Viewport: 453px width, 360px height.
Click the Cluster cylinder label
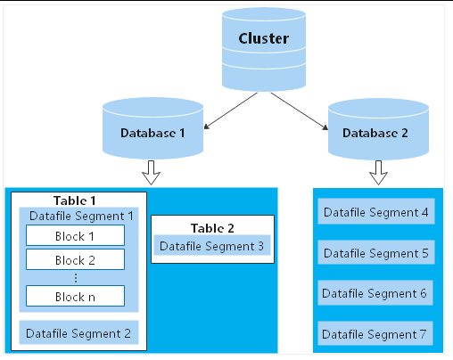coord(264,38)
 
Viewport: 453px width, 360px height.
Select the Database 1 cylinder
coord(152,128)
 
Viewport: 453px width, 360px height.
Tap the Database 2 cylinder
coord(378,129)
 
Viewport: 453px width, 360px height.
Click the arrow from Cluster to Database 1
coord(231,110)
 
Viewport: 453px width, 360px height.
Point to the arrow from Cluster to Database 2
coord(300,111)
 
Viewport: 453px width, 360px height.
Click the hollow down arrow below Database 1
coord(151,173)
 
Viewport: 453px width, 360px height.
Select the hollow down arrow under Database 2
coord(378,173)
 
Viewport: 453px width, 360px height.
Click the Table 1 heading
coord(75,200)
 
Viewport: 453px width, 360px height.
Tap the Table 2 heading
coord(212,228)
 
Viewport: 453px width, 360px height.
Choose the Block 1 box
coord(75,235)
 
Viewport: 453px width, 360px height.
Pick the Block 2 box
coord(75,259)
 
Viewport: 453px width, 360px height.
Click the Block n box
coord(75,296)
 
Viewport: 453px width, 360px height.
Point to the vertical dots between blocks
coord(76,278)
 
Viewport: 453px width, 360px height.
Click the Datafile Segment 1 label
coord(81,216)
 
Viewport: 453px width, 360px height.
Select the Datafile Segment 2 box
coord(78,332)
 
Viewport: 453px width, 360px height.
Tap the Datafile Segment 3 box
coord(212,245)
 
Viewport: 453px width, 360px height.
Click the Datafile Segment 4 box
coord(376,211)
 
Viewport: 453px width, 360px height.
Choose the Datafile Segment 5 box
coord(376,252)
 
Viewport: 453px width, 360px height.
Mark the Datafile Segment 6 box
coord(375,292)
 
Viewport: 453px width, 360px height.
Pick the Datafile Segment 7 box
coord(375,333)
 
